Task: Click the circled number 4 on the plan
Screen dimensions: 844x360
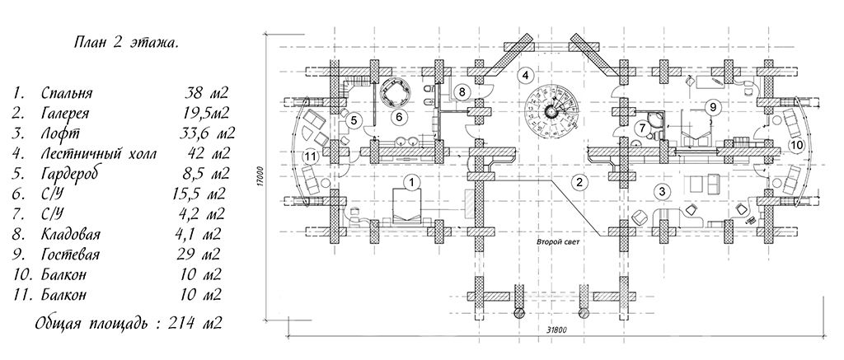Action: point(526,75)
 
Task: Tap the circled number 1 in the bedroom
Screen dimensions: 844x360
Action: point(412,182)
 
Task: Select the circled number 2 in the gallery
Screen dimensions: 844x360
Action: point(579,182)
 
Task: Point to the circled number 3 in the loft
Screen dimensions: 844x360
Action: point(662,190)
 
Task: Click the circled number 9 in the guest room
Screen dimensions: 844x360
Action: point(713,108)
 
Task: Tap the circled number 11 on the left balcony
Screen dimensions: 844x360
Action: point(309,157)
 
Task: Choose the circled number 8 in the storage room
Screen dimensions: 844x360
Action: point(462,91)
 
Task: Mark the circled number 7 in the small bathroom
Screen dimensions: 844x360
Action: point(640,128)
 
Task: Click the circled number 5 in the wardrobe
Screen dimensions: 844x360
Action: point(353,120)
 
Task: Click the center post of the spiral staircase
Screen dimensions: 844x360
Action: point(551,111)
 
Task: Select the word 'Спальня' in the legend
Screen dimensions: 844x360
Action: point(67,94)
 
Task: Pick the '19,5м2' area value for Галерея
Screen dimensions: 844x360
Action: point(204,114)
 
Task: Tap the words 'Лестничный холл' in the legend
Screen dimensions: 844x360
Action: point(99,154)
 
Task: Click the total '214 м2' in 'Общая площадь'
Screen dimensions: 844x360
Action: point(195,324)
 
